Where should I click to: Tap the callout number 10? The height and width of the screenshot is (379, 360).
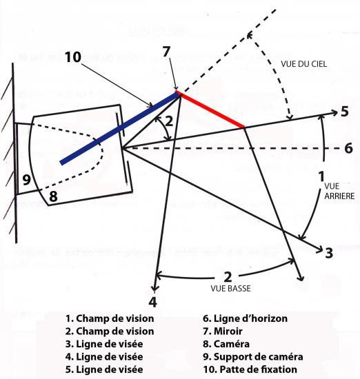click(x=73, y=57)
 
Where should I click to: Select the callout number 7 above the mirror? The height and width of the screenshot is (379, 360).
click(x=166, y=52)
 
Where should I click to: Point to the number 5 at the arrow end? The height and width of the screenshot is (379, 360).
click(x=345, y=112)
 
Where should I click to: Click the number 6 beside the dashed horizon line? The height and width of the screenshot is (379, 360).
click(x=348, y=148)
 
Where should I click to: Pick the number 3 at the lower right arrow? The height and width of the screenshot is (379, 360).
click(x=329, y=253)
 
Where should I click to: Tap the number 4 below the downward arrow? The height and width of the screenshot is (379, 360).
click(x=152, y=302)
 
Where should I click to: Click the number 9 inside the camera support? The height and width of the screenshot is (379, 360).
click(x=26, y=180)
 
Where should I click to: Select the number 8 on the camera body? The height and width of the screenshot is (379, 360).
click(x=53, y=196)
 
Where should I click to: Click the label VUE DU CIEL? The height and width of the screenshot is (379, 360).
click(x=304, y=64)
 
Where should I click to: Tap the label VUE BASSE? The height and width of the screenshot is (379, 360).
click(x=230, y=289)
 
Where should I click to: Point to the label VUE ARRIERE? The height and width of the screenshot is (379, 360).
click(x=339, y=191)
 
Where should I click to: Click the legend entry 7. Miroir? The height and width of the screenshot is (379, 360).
click(x=223, y=331)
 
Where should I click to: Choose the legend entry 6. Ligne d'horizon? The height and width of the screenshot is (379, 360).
click(x=245, y=318)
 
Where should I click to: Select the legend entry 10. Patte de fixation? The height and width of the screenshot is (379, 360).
click(x=250, y=369)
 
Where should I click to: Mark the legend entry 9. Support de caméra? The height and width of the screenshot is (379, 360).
click(x=253, y=357)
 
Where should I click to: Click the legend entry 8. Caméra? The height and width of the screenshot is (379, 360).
click(x=226, y=344)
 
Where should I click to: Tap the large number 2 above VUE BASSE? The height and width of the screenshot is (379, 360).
click(x=228, y=277)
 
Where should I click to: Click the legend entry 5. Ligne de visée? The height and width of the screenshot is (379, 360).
click(x=104, y=369)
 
